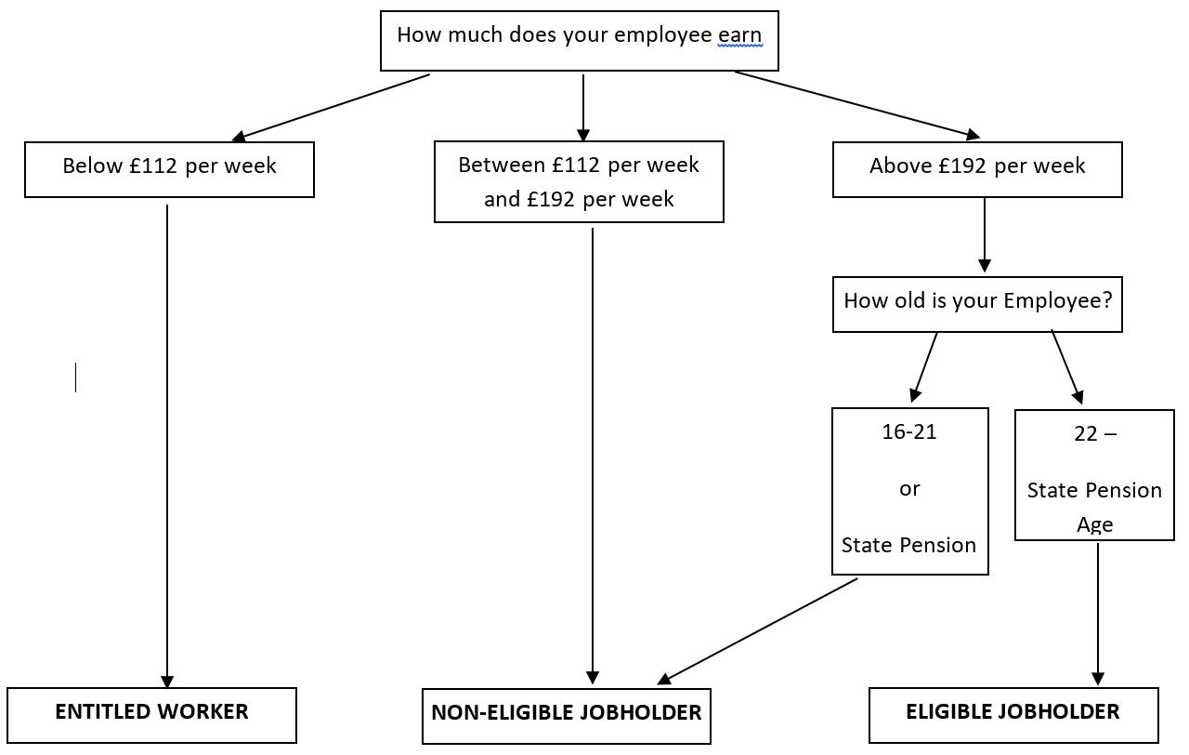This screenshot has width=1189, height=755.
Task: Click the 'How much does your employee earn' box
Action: (579, 41)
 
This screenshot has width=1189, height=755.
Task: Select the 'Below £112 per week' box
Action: (169, 169)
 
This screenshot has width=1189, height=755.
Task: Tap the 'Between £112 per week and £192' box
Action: (579, 182)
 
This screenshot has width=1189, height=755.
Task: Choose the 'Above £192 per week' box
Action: (977, 169)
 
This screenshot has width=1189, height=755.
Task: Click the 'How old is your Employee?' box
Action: (977, 304)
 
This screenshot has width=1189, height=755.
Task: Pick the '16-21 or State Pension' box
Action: (909, 491)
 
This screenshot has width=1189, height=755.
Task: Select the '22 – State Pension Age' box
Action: (1094, 475)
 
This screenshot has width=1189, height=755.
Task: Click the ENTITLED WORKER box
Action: (151, 715)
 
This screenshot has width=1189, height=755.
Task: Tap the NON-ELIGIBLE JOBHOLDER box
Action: (567, 716)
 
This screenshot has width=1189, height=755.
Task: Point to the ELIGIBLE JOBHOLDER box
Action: (1013, 715)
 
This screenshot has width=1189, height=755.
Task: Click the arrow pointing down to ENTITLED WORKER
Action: (167, 446)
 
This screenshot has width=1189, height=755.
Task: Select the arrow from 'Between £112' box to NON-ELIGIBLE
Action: (593, 456)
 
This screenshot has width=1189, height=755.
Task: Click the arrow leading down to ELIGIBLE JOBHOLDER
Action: (1098, 614)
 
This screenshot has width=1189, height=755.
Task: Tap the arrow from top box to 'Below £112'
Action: (331, 107)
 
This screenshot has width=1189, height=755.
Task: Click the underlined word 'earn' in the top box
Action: (740, 36)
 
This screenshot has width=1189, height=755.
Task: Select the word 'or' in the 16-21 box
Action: (909, 489)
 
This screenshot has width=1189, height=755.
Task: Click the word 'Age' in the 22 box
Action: (1095, 525)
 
